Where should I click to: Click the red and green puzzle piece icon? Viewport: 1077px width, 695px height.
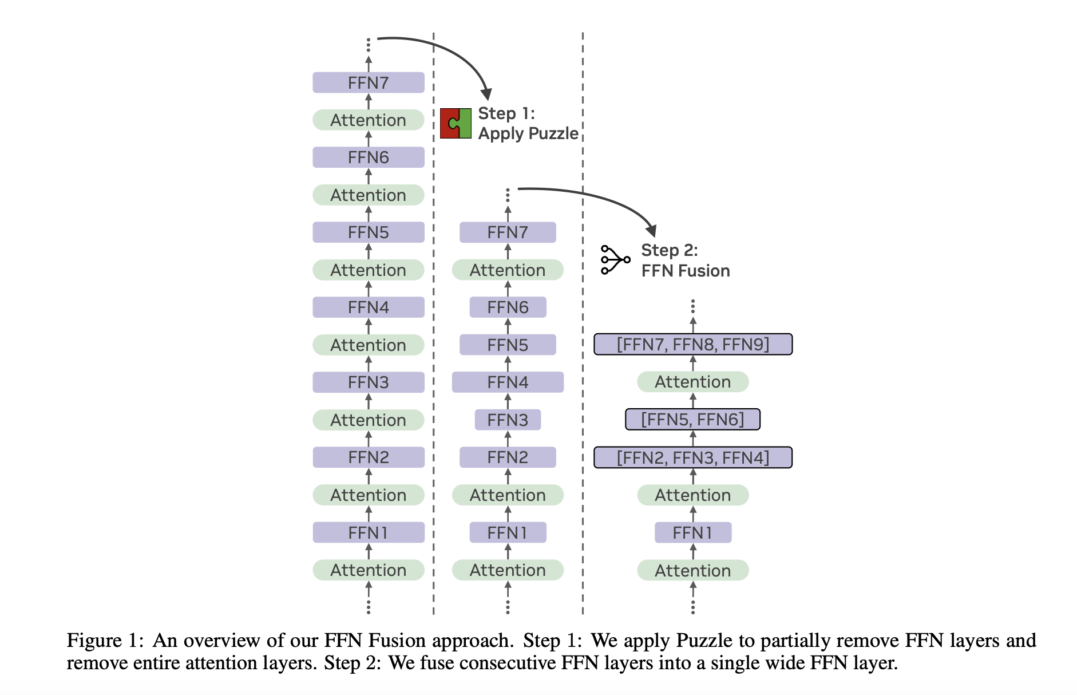click(456, 123)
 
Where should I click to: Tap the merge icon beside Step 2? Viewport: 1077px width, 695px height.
click(615, 260)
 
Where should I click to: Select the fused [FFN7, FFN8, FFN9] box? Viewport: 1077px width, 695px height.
click(692, 345)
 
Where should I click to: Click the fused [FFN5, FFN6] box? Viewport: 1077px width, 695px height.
click(692, 420)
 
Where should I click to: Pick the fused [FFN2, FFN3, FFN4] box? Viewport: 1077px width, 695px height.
click(692, 457)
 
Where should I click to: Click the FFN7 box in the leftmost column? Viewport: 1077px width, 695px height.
click(368, 83)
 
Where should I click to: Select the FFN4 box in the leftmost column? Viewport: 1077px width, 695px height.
click(368, 307)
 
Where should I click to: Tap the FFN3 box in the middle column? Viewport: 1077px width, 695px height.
click(508, 420)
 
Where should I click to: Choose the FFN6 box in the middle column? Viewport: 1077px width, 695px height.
click(508, 307)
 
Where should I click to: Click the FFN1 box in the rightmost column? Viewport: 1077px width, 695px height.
click(692, 532)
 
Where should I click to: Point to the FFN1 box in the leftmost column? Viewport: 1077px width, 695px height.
click(368, 532)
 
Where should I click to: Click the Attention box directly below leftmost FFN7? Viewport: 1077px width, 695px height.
click(368, 120)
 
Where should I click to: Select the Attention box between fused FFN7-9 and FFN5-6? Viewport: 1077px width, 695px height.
click(692, 382)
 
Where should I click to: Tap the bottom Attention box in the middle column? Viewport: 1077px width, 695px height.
click(508, 570)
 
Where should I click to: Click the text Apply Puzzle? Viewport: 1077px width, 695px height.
click(528, 133)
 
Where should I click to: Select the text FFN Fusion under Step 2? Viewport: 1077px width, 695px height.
click(685, 271)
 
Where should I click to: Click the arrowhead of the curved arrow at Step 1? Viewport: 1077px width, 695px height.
click(486, 94)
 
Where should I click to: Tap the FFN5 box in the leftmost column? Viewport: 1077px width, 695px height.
click(368, 232)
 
